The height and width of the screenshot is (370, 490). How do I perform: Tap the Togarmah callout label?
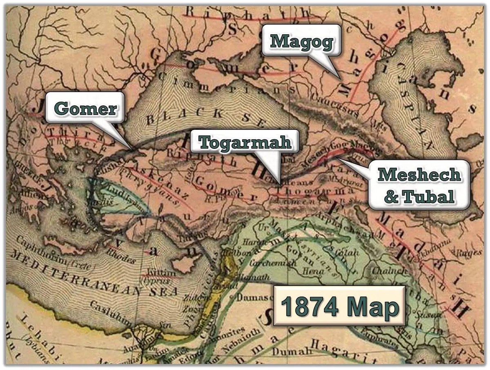pos(245,142)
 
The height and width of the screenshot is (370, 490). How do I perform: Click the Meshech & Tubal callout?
pos(419,185)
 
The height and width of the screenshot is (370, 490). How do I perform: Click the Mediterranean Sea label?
pos(94,274)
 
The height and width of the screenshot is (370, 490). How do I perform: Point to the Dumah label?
pos(287,351)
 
